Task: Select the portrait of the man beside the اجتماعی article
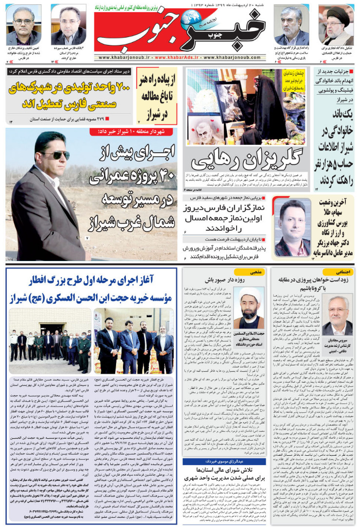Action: tap(336, 313)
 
